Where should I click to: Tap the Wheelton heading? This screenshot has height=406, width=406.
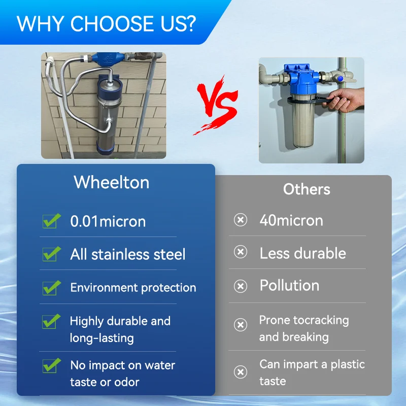[112, 182]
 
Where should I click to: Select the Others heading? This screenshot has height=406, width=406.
[307, 189]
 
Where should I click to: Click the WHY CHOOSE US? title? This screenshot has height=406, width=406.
[106, 23]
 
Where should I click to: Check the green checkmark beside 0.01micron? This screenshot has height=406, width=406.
[51, 221]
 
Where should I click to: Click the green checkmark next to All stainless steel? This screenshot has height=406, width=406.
[51, 254]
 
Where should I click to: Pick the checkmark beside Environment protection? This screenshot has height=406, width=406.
[51, 287]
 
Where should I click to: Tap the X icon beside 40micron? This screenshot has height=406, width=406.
[240, 220]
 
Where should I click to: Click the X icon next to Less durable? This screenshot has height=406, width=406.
[240, 252]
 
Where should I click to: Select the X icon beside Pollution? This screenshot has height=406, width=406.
[240, 286]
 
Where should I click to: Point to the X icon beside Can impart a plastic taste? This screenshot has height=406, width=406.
[240, 373]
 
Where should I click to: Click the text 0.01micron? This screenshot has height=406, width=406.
[108, 221]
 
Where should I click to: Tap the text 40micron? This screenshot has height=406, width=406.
[291, 220]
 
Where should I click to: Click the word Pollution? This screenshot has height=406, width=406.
[289, 285]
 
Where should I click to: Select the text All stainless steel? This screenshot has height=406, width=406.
[128, 254]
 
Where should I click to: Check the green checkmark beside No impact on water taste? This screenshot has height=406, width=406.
[51, 365]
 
